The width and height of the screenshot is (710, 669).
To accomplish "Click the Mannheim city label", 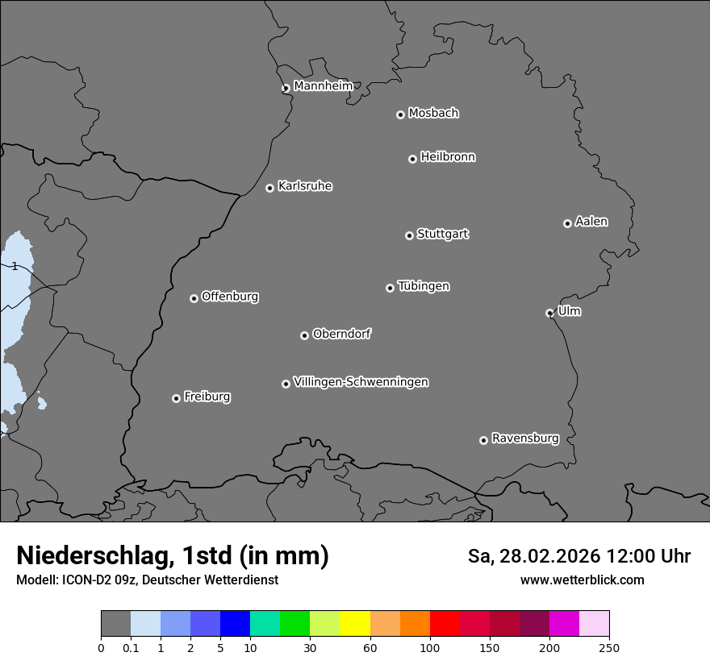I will [323, 85].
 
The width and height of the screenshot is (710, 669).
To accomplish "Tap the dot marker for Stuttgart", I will [409, 235].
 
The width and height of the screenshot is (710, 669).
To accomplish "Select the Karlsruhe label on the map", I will [305, 186].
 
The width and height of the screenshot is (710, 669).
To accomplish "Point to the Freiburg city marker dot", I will [176, 398].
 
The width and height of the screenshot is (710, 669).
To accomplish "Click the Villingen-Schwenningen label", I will [361, 382].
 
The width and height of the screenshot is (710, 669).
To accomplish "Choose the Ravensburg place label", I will [525, 438].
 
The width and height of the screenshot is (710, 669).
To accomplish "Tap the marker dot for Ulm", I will [549, 313].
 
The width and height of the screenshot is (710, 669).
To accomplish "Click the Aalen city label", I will [591, 222].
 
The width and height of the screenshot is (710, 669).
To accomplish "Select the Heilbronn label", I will [448, 157].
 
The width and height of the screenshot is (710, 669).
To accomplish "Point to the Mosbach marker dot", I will [400, 114].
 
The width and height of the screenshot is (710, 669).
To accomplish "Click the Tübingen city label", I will [424, 286].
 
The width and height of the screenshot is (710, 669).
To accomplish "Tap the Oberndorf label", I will [341, 334].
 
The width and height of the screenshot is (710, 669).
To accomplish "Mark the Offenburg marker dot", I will [194, 298].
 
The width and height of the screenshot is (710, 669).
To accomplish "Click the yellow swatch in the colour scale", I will [354, 624].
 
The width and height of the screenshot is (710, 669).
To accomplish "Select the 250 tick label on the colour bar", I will [608, 647].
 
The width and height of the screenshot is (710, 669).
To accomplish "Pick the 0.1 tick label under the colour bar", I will [131, 647].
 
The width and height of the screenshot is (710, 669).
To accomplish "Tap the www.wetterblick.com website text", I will [582, 580].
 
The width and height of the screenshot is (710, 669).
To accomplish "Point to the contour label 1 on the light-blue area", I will [15, 266].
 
